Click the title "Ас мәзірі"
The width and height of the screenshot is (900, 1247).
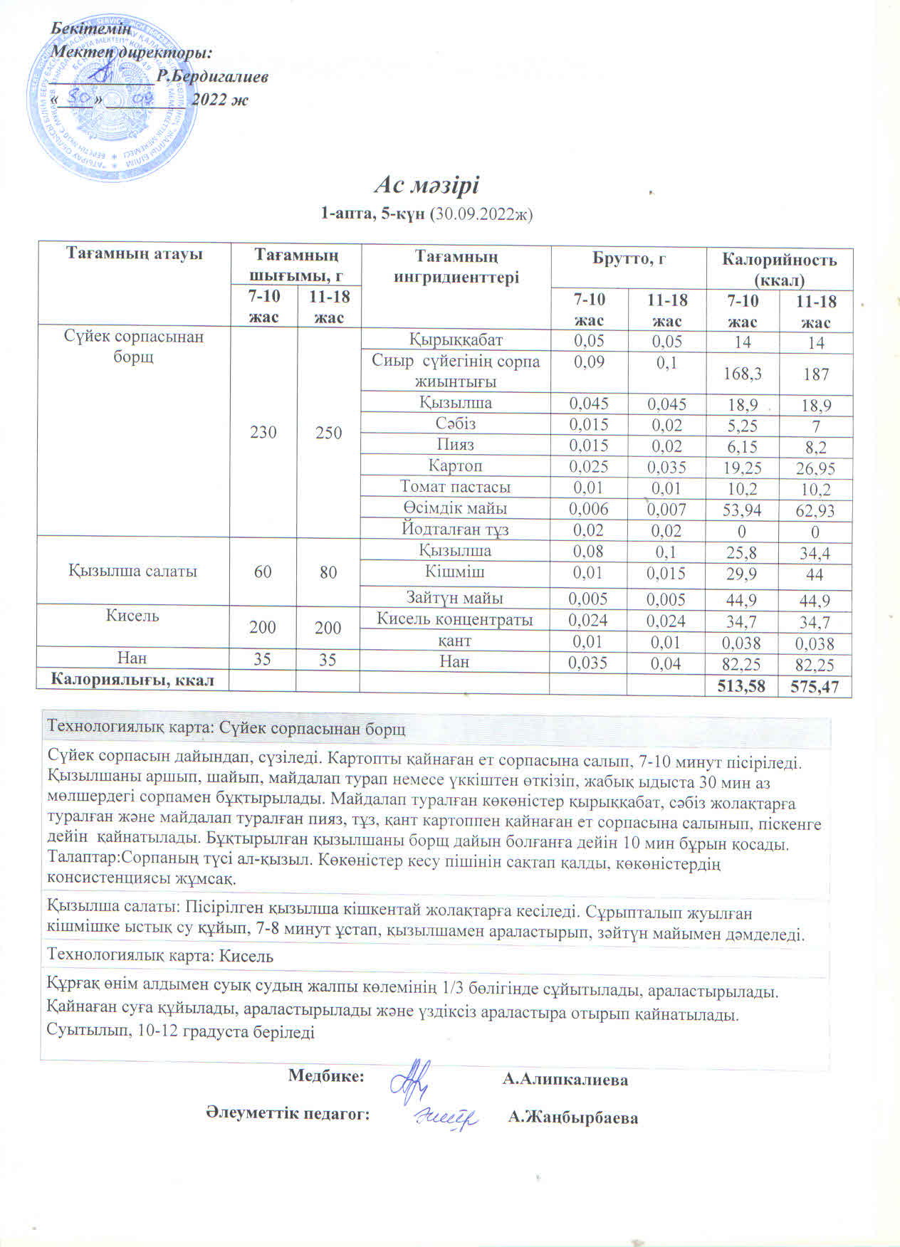coord(427,185)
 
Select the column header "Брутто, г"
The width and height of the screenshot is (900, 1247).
coord(629,259)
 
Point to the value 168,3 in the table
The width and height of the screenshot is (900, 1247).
coord(743,374)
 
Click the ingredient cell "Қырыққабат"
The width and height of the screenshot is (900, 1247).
coord(455,340)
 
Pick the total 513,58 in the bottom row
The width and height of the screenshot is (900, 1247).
coord(742,687)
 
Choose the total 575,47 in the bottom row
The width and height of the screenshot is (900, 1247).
coord(815,687)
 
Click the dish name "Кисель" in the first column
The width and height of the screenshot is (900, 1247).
coord(132,616)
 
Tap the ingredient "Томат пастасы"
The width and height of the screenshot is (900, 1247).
coord(455,488)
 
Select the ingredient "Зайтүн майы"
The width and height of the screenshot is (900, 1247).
coord(455,599)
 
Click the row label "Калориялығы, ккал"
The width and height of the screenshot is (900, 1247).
coord(132,680)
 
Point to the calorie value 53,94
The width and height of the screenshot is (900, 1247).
coord(743,510)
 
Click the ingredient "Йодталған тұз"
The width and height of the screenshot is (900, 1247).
coord(455,530)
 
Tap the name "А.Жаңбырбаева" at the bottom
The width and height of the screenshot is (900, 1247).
coord(572,1118)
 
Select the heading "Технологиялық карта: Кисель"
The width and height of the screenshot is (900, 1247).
coord(160,957)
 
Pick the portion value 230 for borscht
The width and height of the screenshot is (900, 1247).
coord(263,432)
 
